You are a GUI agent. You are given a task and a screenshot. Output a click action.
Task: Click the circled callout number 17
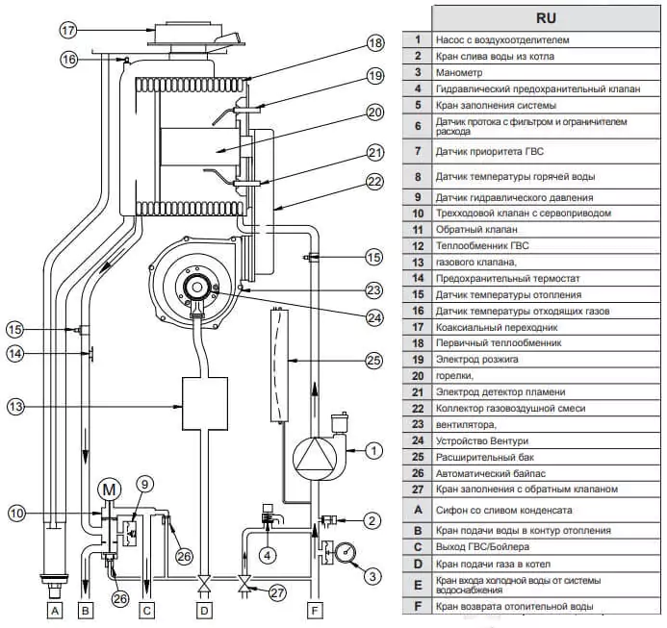click(x=68, y=30)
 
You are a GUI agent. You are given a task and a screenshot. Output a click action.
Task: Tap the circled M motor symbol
click(x=110, y=490)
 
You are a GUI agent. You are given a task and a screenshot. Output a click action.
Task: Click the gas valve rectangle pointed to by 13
click(x=205, y=404)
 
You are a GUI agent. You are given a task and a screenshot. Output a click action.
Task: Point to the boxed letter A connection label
click(x=55, y=611)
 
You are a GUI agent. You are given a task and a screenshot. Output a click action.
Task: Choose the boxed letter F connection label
click(x=315, y=611)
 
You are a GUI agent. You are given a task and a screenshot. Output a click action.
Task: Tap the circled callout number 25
click(x=373, y=361)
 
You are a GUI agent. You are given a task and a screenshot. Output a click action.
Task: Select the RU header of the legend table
click(x=546, y=18)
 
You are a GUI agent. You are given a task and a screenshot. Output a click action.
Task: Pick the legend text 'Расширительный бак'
click(x=485, y=458)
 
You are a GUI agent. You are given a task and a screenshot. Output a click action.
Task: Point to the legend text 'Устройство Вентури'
click(x=482, y=440)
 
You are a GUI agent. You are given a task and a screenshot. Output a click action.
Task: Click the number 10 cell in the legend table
click(x=418, y=214)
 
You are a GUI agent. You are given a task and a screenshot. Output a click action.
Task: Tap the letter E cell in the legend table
click(x=418, y=585)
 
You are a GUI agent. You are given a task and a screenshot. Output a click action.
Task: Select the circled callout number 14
click(x=15, y=353)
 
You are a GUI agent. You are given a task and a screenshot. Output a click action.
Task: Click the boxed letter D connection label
click(x=204, y=611)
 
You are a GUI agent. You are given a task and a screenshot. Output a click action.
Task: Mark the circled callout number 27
click(x=277, y=592)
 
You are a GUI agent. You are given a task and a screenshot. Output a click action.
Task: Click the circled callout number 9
click(x=144, y=485)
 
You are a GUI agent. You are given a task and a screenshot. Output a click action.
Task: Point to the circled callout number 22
click(x=374, y=182)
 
